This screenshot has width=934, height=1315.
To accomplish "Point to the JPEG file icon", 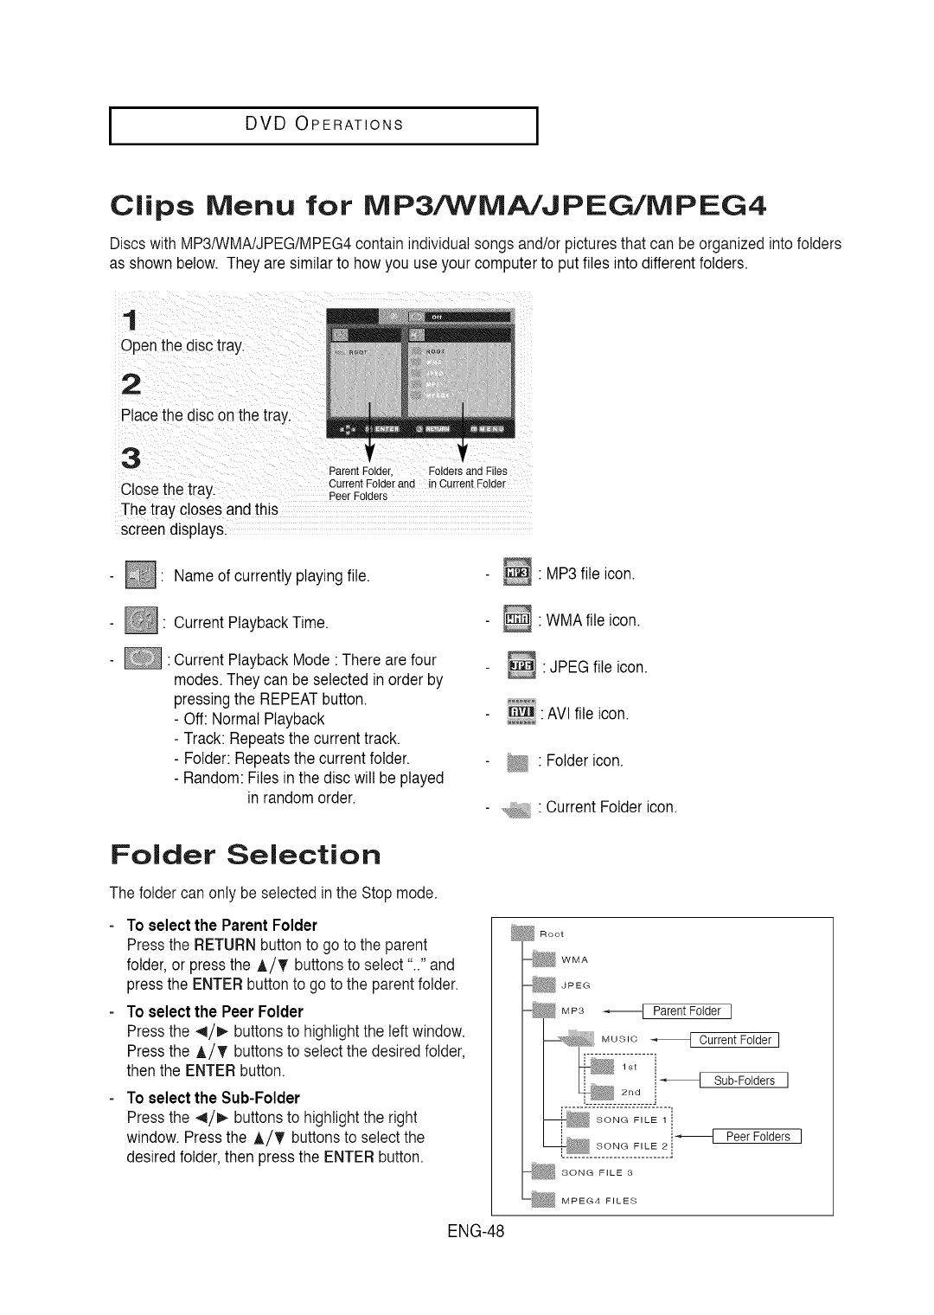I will [x=521, y=666].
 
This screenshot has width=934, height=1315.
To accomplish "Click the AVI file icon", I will [x=521, y=713].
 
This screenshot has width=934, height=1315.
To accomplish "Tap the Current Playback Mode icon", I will [x=144, y=660].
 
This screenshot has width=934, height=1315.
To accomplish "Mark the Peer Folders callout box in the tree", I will [x=758, y=1137].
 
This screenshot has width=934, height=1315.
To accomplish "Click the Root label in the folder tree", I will [x=552, y=934].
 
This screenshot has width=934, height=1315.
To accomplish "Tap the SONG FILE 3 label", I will [x=598, y=1173].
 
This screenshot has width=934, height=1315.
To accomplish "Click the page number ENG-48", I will [x=470, y=1231].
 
